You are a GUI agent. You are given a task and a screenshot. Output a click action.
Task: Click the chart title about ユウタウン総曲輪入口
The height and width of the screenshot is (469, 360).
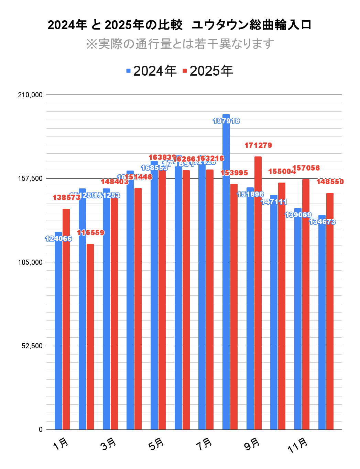tap(179, 25)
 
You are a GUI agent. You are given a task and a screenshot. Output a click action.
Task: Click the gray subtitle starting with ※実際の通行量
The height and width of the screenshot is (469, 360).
tap(180, 44)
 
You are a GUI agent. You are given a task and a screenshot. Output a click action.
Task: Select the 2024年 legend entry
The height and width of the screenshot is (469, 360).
tap(151, 71)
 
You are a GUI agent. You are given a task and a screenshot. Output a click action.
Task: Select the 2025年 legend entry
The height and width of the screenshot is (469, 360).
tap(208, 71)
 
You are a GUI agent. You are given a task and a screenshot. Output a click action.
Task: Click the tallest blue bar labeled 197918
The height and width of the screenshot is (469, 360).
tap(226, 275)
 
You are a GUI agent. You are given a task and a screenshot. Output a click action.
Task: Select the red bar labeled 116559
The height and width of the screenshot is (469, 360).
tap(90, 337)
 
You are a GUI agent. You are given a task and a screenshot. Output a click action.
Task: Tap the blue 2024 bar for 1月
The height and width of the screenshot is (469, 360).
tap(58, 330)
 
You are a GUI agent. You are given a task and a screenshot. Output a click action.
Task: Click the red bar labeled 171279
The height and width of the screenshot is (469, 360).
tap(258, 292)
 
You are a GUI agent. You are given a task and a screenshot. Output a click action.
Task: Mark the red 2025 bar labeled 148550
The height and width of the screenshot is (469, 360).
tap(330, 309)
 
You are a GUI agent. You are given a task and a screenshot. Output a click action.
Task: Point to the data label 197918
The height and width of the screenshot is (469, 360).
tap(226, 121)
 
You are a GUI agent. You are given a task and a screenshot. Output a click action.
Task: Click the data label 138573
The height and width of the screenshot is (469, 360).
tap(66, 198)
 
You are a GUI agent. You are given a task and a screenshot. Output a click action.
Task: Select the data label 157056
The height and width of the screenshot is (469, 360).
tap(306, 168)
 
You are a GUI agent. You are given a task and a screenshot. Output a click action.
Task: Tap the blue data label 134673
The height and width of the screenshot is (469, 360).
tap(322, 222)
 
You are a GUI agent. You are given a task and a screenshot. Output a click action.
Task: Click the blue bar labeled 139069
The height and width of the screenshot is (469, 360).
tap(298, 320)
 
